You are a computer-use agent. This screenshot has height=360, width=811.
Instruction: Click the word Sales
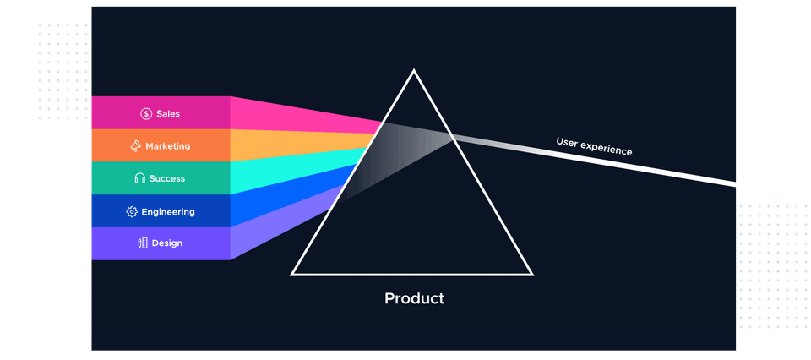point(168,113)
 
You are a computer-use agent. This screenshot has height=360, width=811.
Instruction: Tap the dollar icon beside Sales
point(146,113)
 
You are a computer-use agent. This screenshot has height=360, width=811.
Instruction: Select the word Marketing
point(167,146)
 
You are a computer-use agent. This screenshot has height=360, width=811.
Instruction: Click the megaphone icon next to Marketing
point(135,146)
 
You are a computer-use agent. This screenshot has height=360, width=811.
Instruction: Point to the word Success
point(168,179)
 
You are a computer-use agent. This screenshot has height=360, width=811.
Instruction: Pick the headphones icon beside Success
point(140,179)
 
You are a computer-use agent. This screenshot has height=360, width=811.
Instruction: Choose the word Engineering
point(168,212)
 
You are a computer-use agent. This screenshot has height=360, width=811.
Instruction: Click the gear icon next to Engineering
point(132,212)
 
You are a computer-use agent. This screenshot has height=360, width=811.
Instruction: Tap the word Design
point(166,243)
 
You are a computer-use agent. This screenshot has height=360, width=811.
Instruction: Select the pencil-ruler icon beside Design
point(143,243)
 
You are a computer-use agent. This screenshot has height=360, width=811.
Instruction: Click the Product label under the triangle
point(414,298)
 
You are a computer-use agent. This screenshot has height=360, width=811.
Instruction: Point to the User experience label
point(594,146)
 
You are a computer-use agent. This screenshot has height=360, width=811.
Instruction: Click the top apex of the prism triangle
point(414,70)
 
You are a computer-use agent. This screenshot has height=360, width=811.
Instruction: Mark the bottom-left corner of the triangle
point(292,274)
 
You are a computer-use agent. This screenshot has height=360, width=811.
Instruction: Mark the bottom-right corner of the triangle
point(532,274)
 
